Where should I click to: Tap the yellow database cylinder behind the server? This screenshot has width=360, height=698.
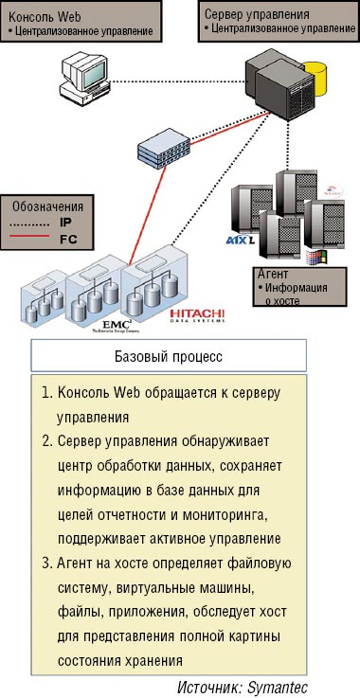click(323, 79)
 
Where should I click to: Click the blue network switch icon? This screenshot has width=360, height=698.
click(163, 147)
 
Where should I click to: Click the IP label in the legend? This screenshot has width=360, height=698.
click(65, 223)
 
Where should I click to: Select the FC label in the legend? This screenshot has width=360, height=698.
click(67, 240)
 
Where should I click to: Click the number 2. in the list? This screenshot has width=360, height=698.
click(47, 441)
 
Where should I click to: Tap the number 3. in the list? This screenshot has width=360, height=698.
click(47, 564)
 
